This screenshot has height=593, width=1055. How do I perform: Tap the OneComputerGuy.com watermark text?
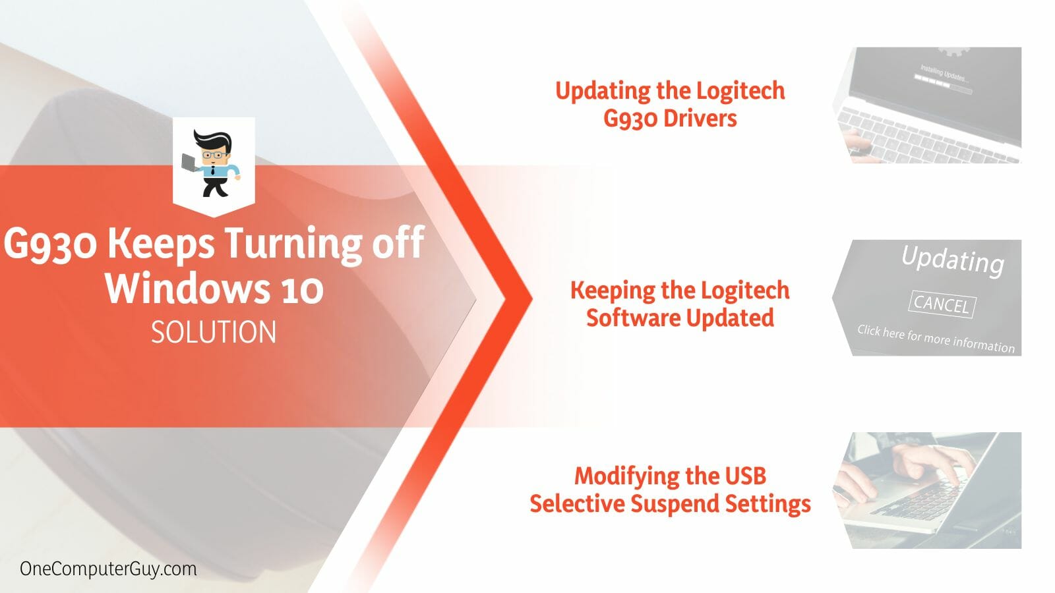(x=108, y=569)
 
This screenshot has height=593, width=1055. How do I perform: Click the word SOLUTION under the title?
(x=214, y=332)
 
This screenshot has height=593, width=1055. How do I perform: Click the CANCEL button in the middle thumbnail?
(x=942, y=304)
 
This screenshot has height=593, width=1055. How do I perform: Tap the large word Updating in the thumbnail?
(x=953, y=259)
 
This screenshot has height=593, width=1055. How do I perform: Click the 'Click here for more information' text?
(x=936, y=339)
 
